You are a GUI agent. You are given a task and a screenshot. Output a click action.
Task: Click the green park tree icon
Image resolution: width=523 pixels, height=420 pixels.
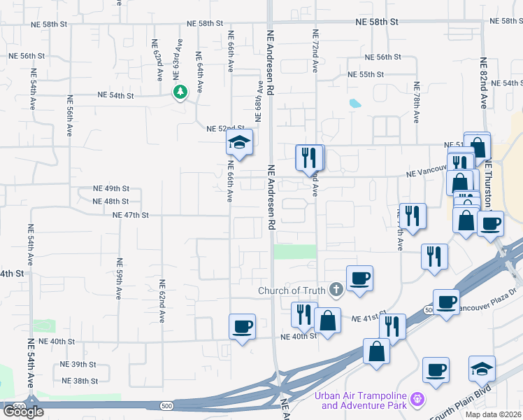180,92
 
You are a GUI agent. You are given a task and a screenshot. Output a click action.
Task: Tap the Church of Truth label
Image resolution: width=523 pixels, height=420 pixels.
292,290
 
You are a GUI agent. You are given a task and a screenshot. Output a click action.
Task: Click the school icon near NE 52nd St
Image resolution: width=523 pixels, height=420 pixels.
239,143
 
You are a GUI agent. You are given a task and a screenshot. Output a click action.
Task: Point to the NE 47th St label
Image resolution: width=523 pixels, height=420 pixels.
131,215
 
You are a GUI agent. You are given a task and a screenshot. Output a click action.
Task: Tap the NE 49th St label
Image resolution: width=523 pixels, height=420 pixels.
112,189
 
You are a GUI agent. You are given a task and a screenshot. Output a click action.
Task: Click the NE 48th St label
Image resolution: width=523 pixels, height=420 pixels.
112,201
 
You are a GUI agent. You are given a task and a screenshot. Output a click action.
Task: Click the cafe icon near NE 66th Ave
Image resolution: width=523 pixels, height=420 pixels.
242,326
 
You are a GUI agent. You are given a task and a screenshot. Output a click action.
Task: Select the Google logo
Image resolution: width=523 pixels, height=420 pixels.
23,412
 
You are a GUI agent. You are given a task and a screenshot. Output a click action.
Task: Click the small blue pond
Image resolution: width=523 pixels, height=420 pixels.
354,104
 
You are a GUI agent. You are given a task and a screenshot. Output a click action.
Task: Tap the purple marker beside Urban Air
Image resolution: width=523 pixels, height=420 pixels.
417,400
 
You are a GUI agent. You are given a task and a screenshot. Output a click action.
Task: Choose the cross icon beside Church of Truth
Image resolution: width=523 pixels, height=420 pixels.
336,290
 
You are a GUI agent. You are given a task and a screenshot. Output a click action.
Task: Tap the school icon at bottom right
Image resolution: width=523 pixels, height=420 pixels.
482,368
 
